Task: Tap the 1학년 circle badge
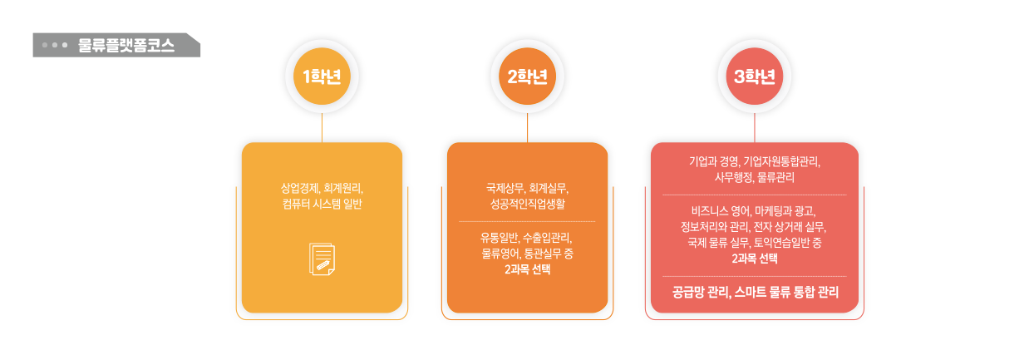[322, 76]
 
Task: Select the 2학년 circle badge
[528, 76]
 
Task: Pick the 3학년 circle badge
[755, 76]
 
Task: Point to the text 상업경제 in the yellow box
[300, 187]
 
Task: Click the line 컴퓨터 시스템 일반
[322, 204]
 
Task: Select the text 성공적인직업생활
[528, 204]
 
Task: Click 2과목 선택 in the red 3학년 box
[755, 259]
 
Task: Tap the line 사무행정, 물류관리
[755, 178]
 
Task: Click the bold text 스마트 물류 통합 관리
[786, 292]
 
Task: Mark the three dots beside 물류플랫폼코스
[54, 46]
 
